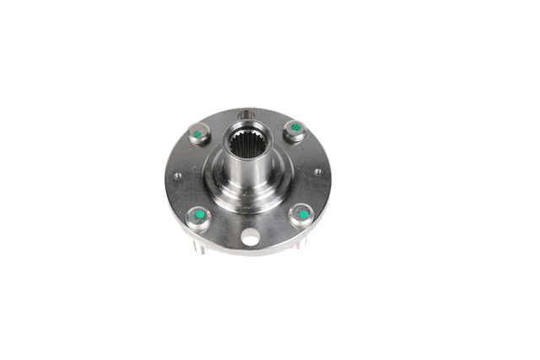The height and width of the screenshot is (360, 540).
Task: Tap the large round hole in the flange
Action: [x=250, y=239]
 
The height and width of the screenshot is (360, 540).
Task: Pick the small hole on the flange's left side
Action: [x=177, y=176]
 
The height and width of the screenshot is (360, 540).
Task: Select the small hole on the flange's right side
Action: [x=317, y=172]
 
